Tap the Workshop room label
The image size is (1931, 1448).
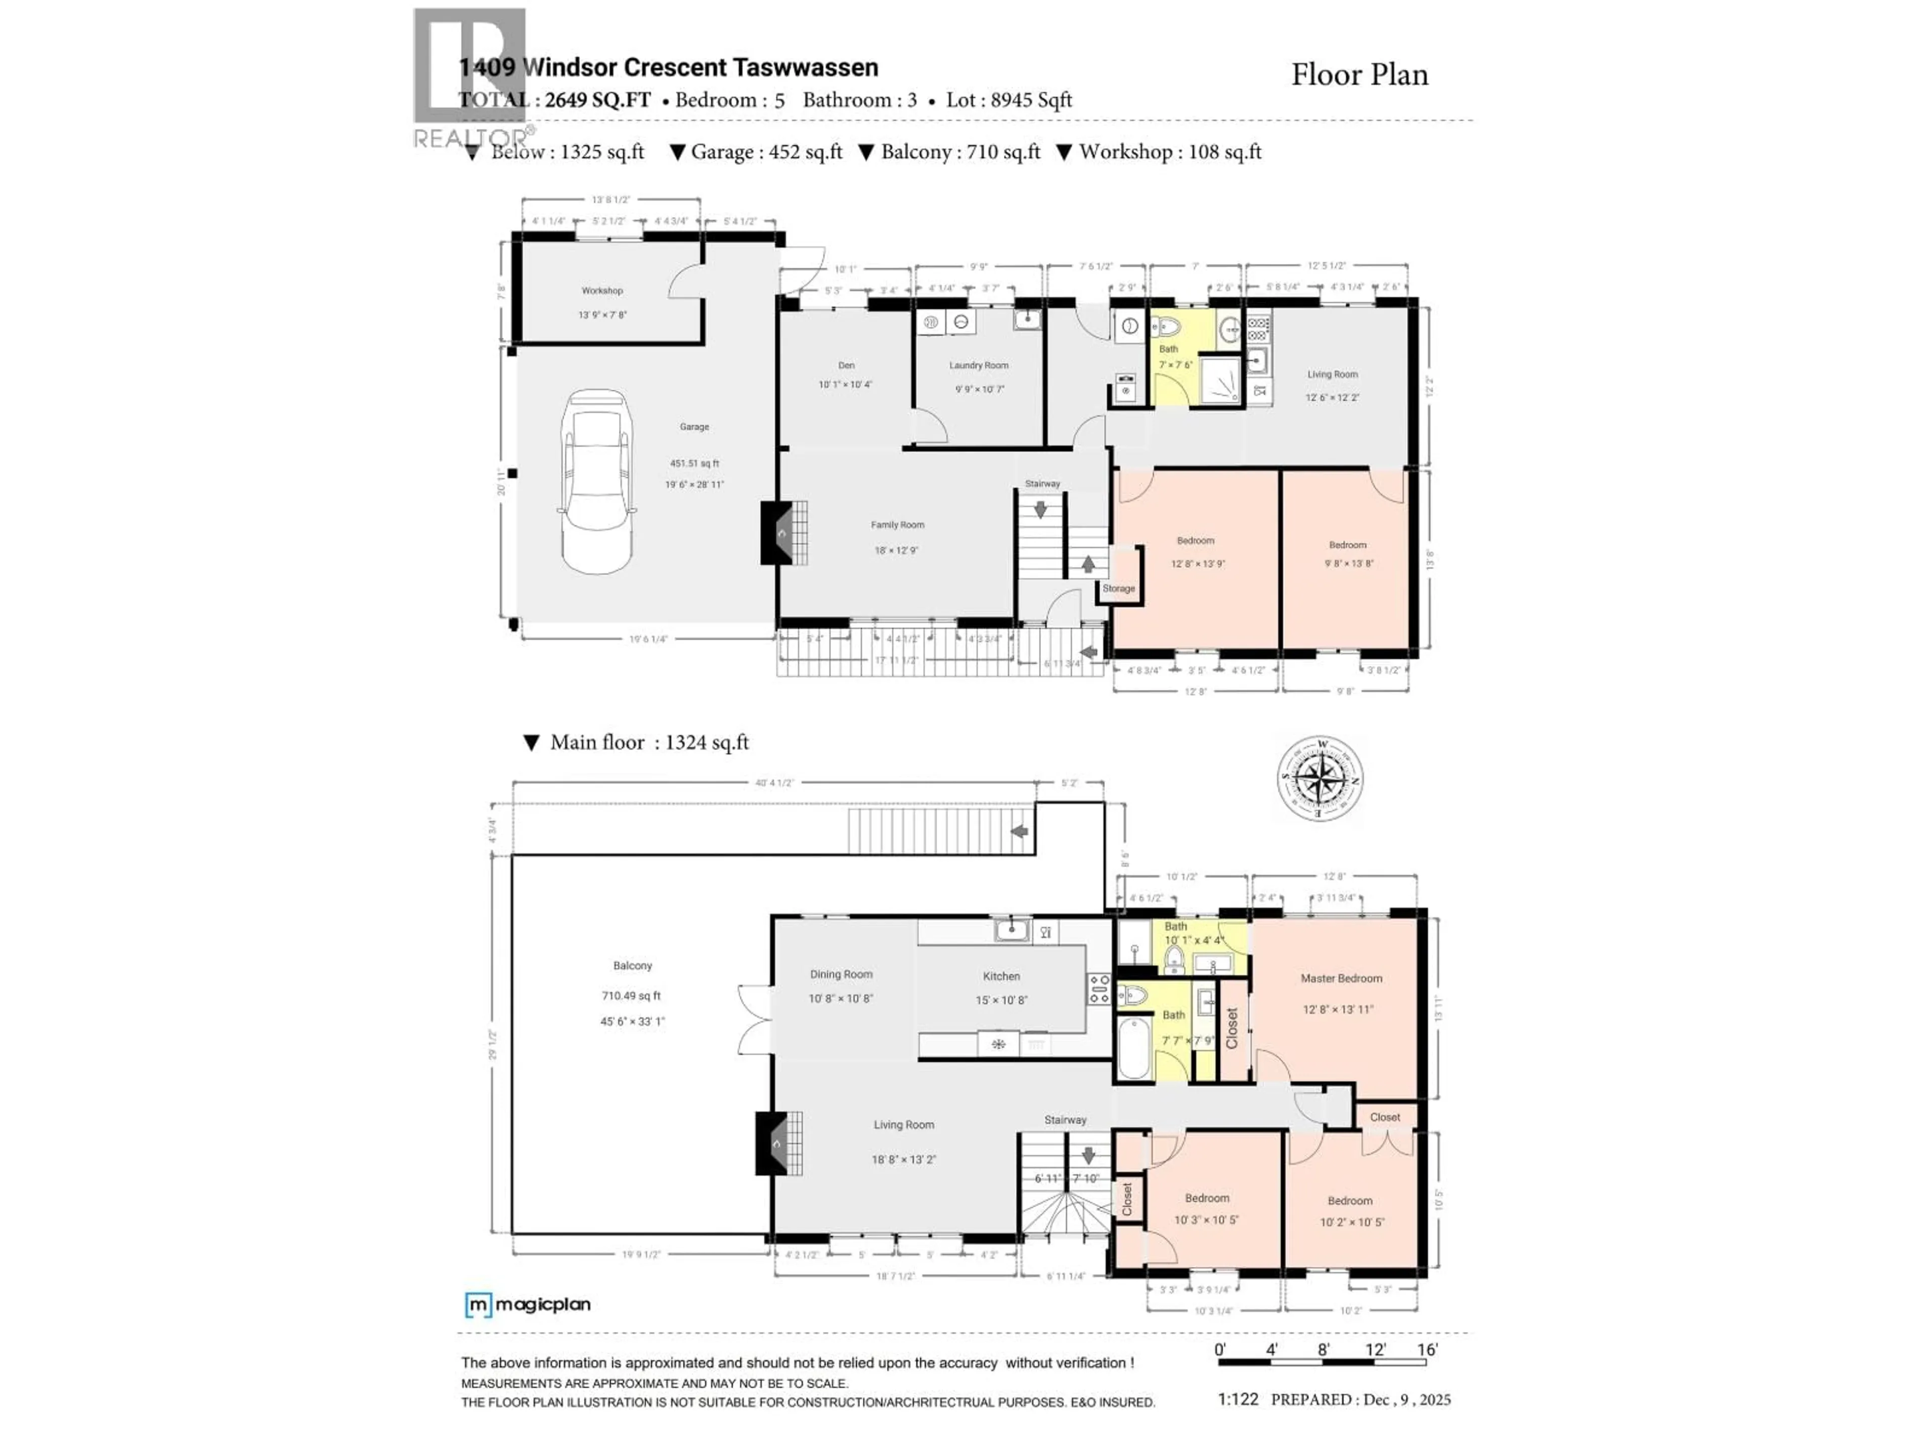tap(602, 291)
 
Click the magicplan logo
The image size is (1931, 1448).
tap(528, 1305)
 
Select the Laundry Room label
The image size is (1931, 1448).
tap(979, 366)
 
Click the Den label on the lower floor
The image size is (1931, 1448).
tap(846, 366)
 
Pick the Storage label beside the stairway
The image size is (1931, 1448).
tap(1118, 588)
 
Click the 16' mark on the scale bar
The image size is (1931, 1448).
tap(1427, 1349)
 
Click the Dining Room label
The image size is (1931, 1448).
tap(841, 974)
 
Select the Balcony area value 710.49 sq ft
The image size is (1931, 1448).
tap(631, 996)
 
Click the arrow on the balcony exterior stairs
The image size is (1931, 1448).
tap(1019, 832)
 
